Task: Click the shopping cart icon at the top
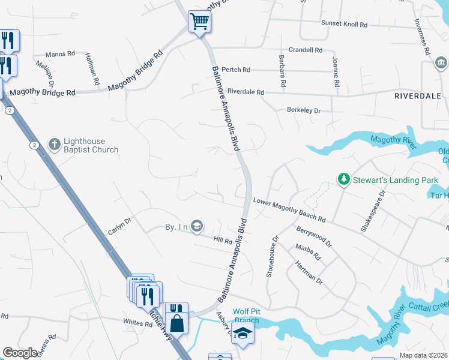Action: (200, 23)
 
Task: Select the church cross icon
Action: (55, 143)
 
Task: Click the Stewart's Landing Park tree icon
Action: (343, 179)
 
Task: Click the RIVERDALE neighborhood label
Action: (418, 96)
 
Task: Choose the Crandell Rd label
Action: (306, 50)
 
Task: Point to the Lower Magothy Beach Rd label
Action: (289, 210)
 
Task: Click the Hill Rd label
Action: (223, 241)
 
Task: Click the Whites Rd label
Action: (137, 323)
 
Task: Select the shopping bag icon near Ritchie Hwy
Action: (176, 322)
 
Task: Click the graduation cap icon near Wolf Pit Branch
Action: (243, 333)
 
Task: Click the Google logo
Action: (20, 353)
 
